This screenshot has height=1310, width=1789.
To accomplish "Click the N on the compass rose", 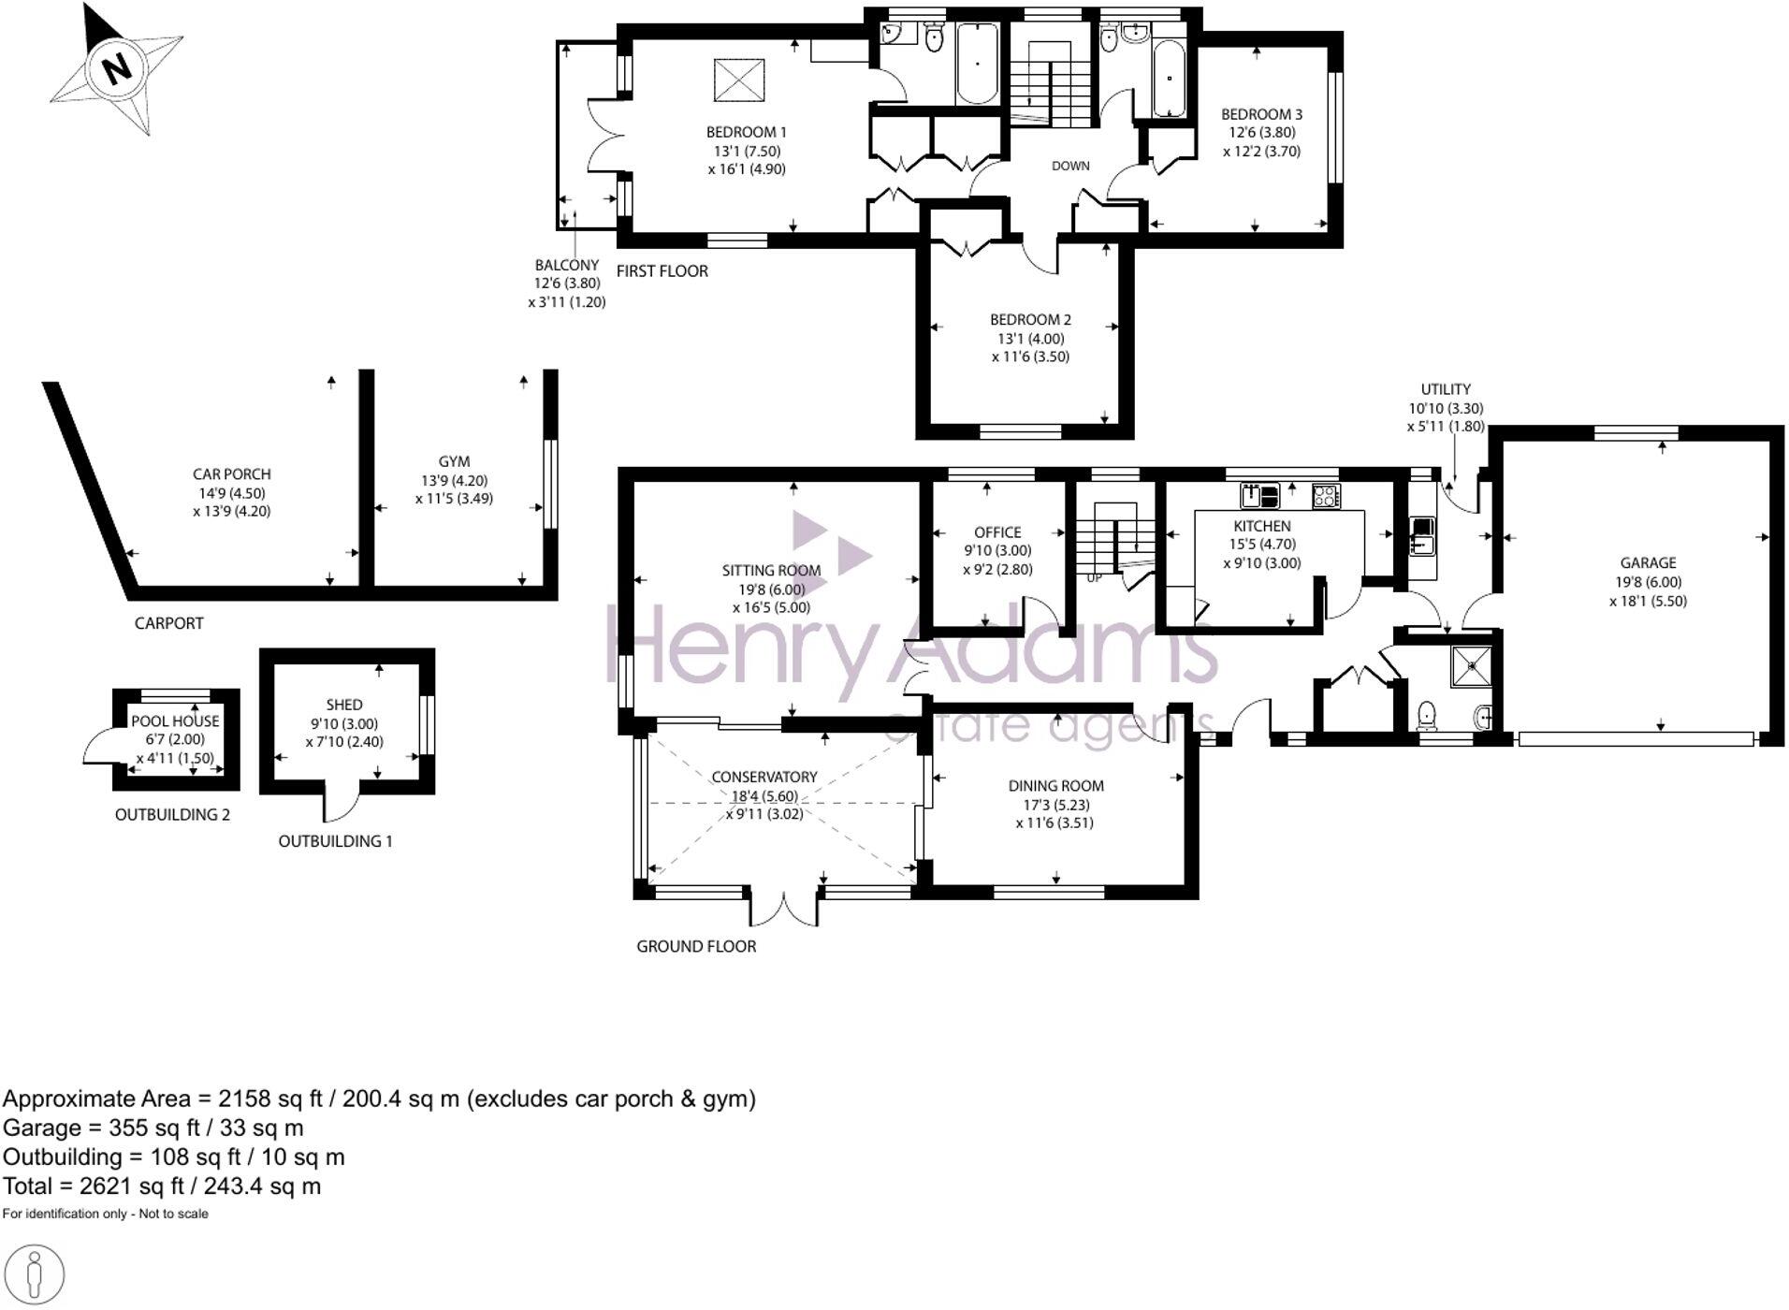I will click(x=116, y=69).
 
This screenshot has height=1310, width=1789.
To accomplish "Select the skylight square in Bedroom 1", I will click(x=738, y=80).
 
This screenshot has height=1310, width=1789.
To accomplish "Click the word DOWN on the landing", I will click(x=1070, y=166).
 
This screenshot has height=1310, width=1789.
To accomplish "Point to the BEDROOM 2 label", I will click(x=1030, y=320).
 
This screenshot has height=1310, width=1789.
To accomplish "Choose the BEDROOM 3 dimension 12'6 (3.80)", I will click(x=1261, y=133).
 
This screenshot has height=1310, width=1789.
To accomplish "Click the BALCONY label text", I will click(x=566, y=266).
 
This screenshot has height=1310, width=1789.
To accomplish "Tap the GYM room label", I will click(x=454, y=461).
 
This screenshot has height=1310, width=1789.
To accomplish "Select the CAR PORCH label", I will click(x=231, y=474).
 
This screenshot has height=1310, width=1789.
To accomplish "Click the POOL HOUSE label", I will click(x=175, y=721).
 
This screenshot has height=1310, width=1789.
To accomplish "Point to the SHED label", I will click(x=343, y=705).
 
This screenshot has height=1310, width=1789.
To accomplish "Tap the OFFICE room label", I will click(x=997, y=532).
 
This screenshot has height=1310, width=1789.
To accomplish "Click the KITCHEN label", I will click(x=1261, y=527).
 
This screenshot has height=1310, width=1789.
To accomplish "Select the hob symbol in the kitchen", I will click(x=1326, y=495).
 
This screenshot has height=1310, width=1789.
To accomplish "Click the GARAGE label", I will click(x=1648, y=563).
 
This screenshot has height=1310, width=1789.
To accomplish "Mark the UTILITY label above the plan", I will click(x=1446, y=389).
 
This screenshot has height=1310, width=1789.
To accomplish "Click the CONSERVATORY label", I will click(x=764, y=778).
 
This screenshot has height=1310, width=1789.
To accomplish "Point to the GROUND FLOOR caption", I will click(x=696, y=947).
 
